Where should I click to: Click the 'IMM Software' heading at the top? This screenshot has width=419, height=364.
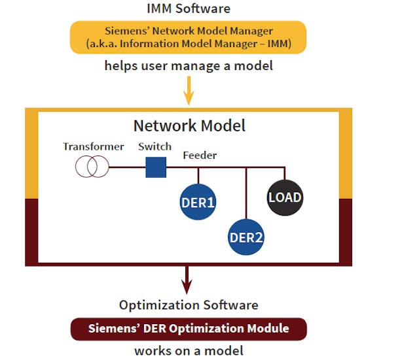pos(188,8)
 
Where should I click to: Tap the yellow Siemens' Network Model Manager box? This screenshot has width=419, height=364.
pos(188,37)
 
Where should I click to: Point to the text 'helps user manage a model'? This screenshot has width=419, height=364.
pos(188,66)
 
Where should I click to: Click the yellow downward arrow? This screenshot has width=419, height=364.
pos(189,91)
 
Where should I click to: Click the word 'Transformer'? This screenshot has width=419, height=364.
pos(93,146)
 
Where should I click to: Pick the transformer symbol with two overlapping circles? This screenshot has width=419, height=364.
pos(92,167)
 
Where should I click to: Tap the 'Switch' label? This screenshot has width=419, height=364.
pos(155,146)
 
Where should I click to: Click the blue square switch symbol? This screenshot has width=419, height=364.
pos(156,167)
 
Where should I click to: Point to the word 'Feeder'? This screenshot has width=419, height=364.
pos(200,156)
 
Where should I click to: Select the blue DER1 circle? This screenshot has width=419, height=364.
pos(198,203)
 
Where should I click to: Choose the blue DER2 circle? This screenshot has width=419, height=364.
pos(246,237)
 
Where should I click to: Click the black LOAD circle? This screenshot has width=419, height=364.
pos(285,197)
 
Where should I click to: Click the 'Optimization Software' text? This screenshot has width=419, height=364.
pos(189,305)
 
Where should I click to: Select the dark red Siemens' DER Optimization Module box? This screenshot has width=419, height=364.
pos(189,328)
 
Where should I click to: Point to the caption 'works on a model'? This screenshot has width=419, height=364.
pos(189,352)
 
